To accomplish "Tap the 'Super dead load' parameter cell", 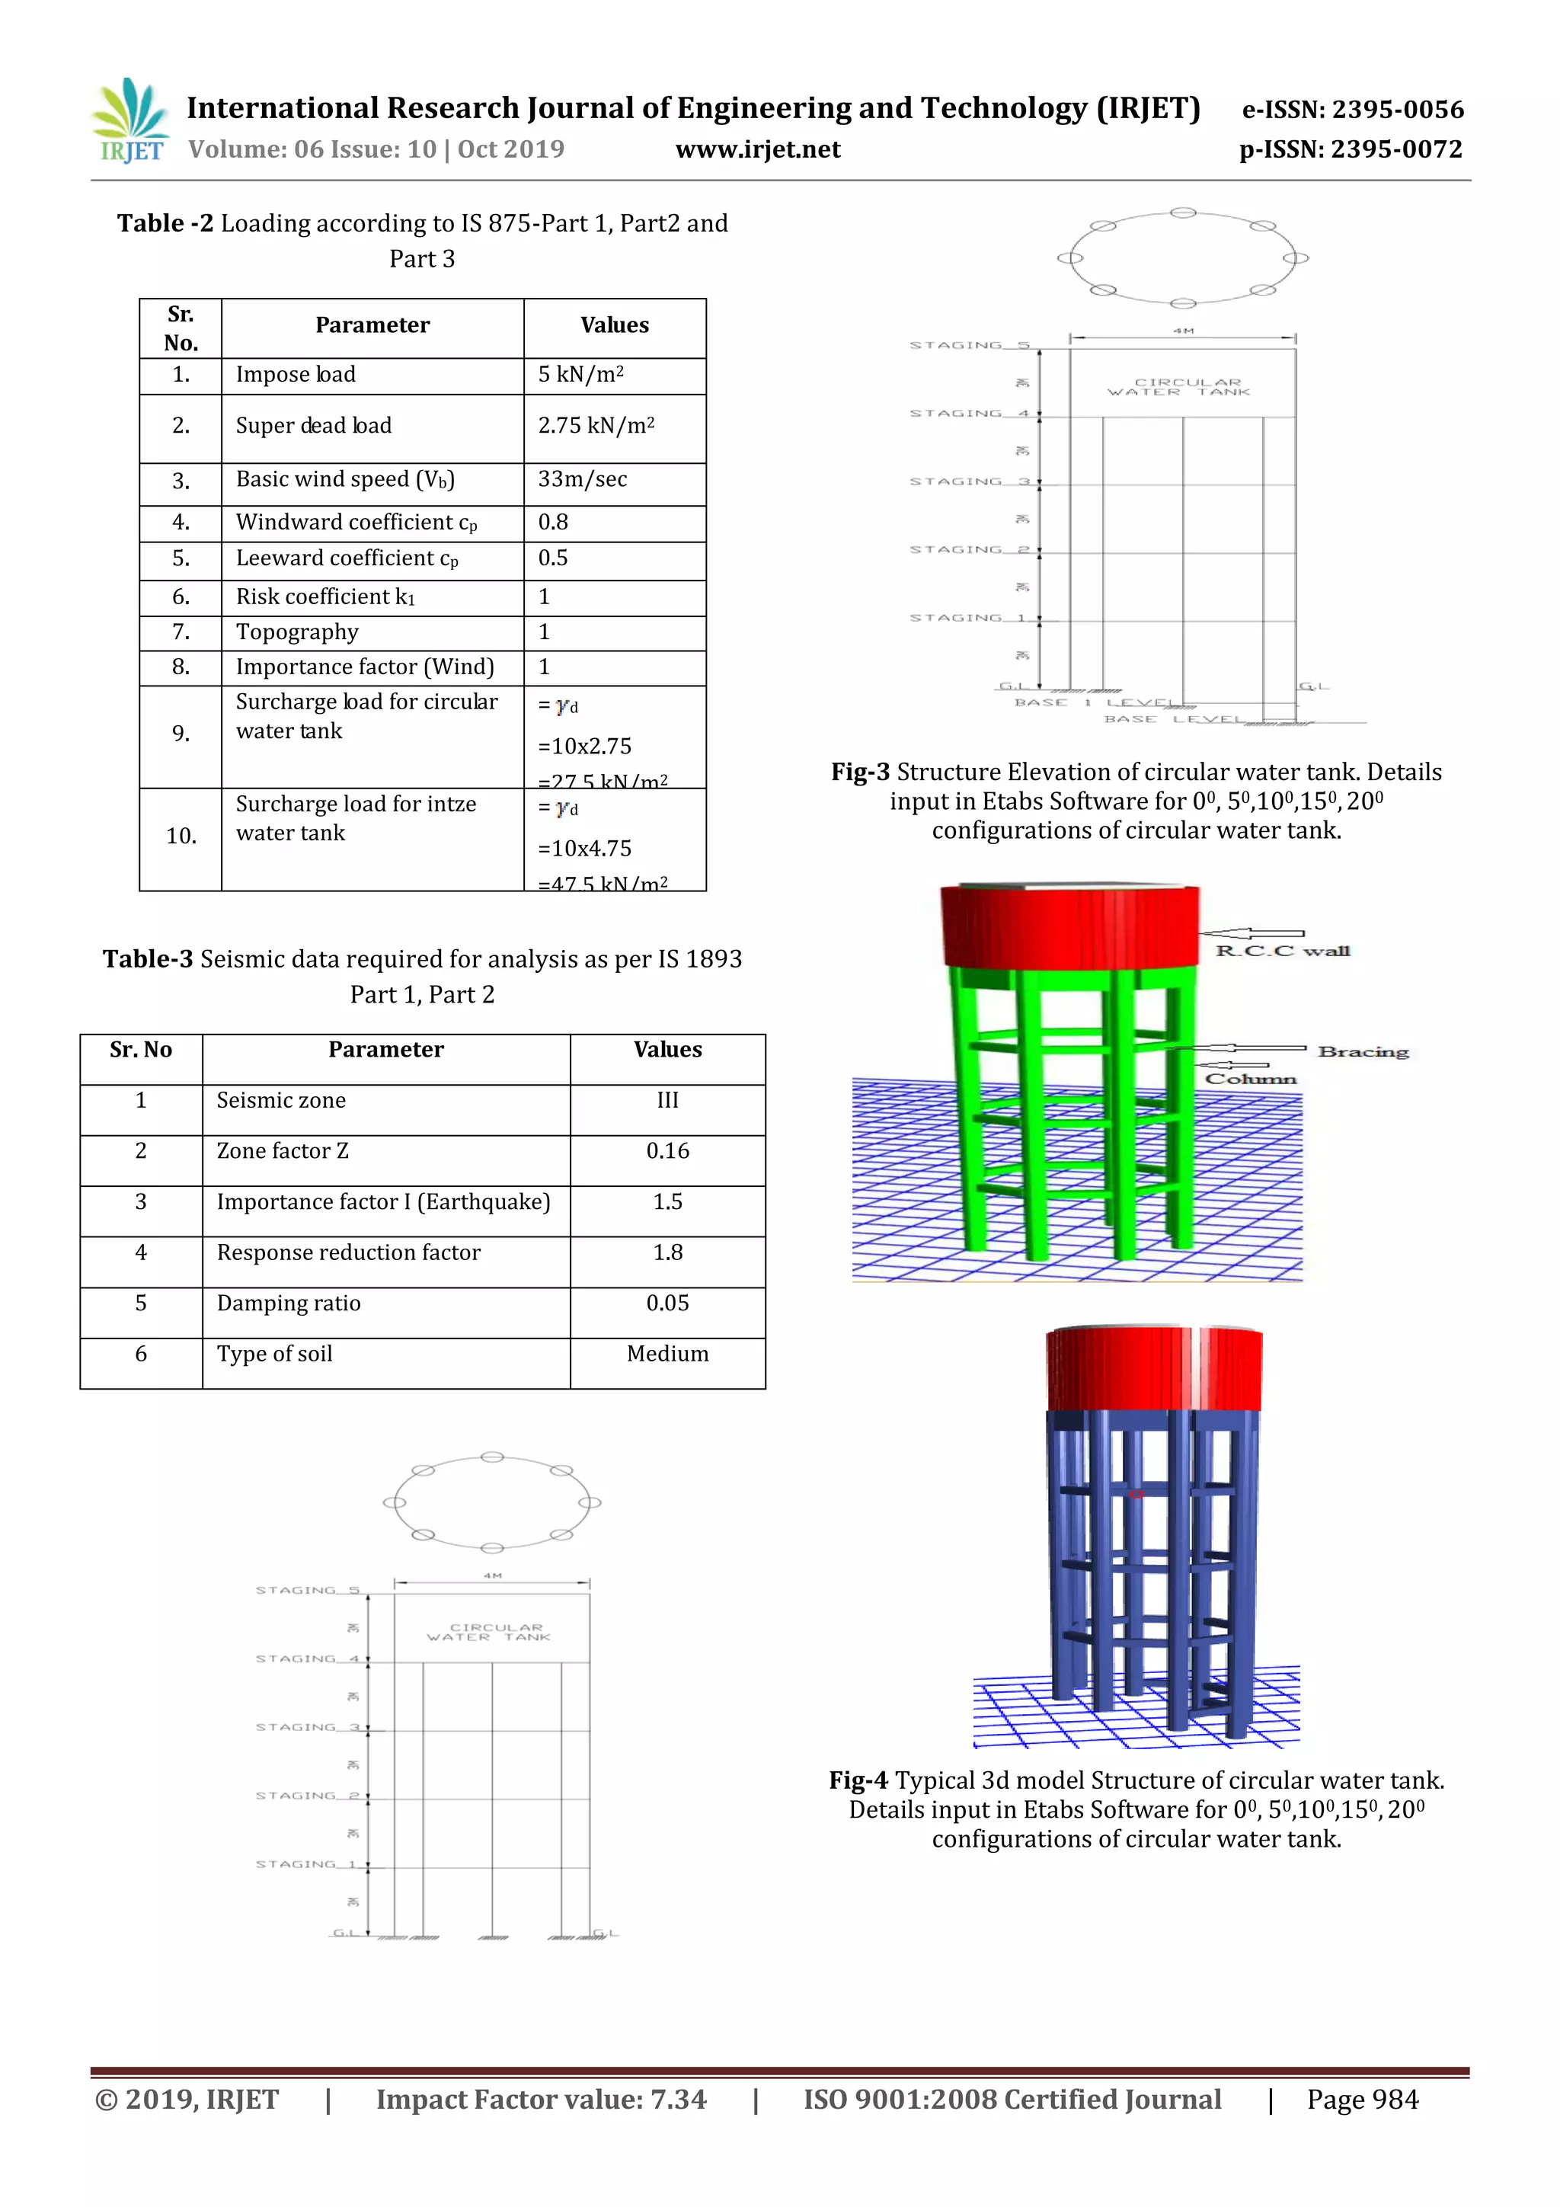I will (315, 426).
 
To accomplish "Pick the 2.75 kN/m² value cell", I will (596, 426).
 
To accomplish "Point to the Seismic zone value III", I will (667, 1101).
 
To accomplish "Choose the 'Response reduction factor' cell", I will (349, 1253).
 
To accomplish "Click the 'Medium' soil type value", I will (667, 1355).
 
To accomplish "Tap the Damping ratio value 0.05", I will (667, 1303).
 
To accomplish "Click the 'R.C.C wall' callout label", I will (1282, 952).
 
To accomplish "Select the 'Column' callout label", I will (1251, 1080).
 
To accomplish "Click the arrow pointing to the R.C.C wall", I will (1252, 933).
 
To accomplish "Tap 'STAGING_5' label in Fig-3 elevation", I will (970, 345).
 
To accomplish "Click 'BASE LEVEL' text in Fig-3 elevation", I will (1172, 719).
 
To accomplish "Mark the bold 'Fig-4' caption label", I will (858, 1781).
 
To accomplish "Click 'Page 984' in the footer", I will (1362, 2100).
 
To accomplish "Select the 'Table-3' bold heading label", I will (148, 959).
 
